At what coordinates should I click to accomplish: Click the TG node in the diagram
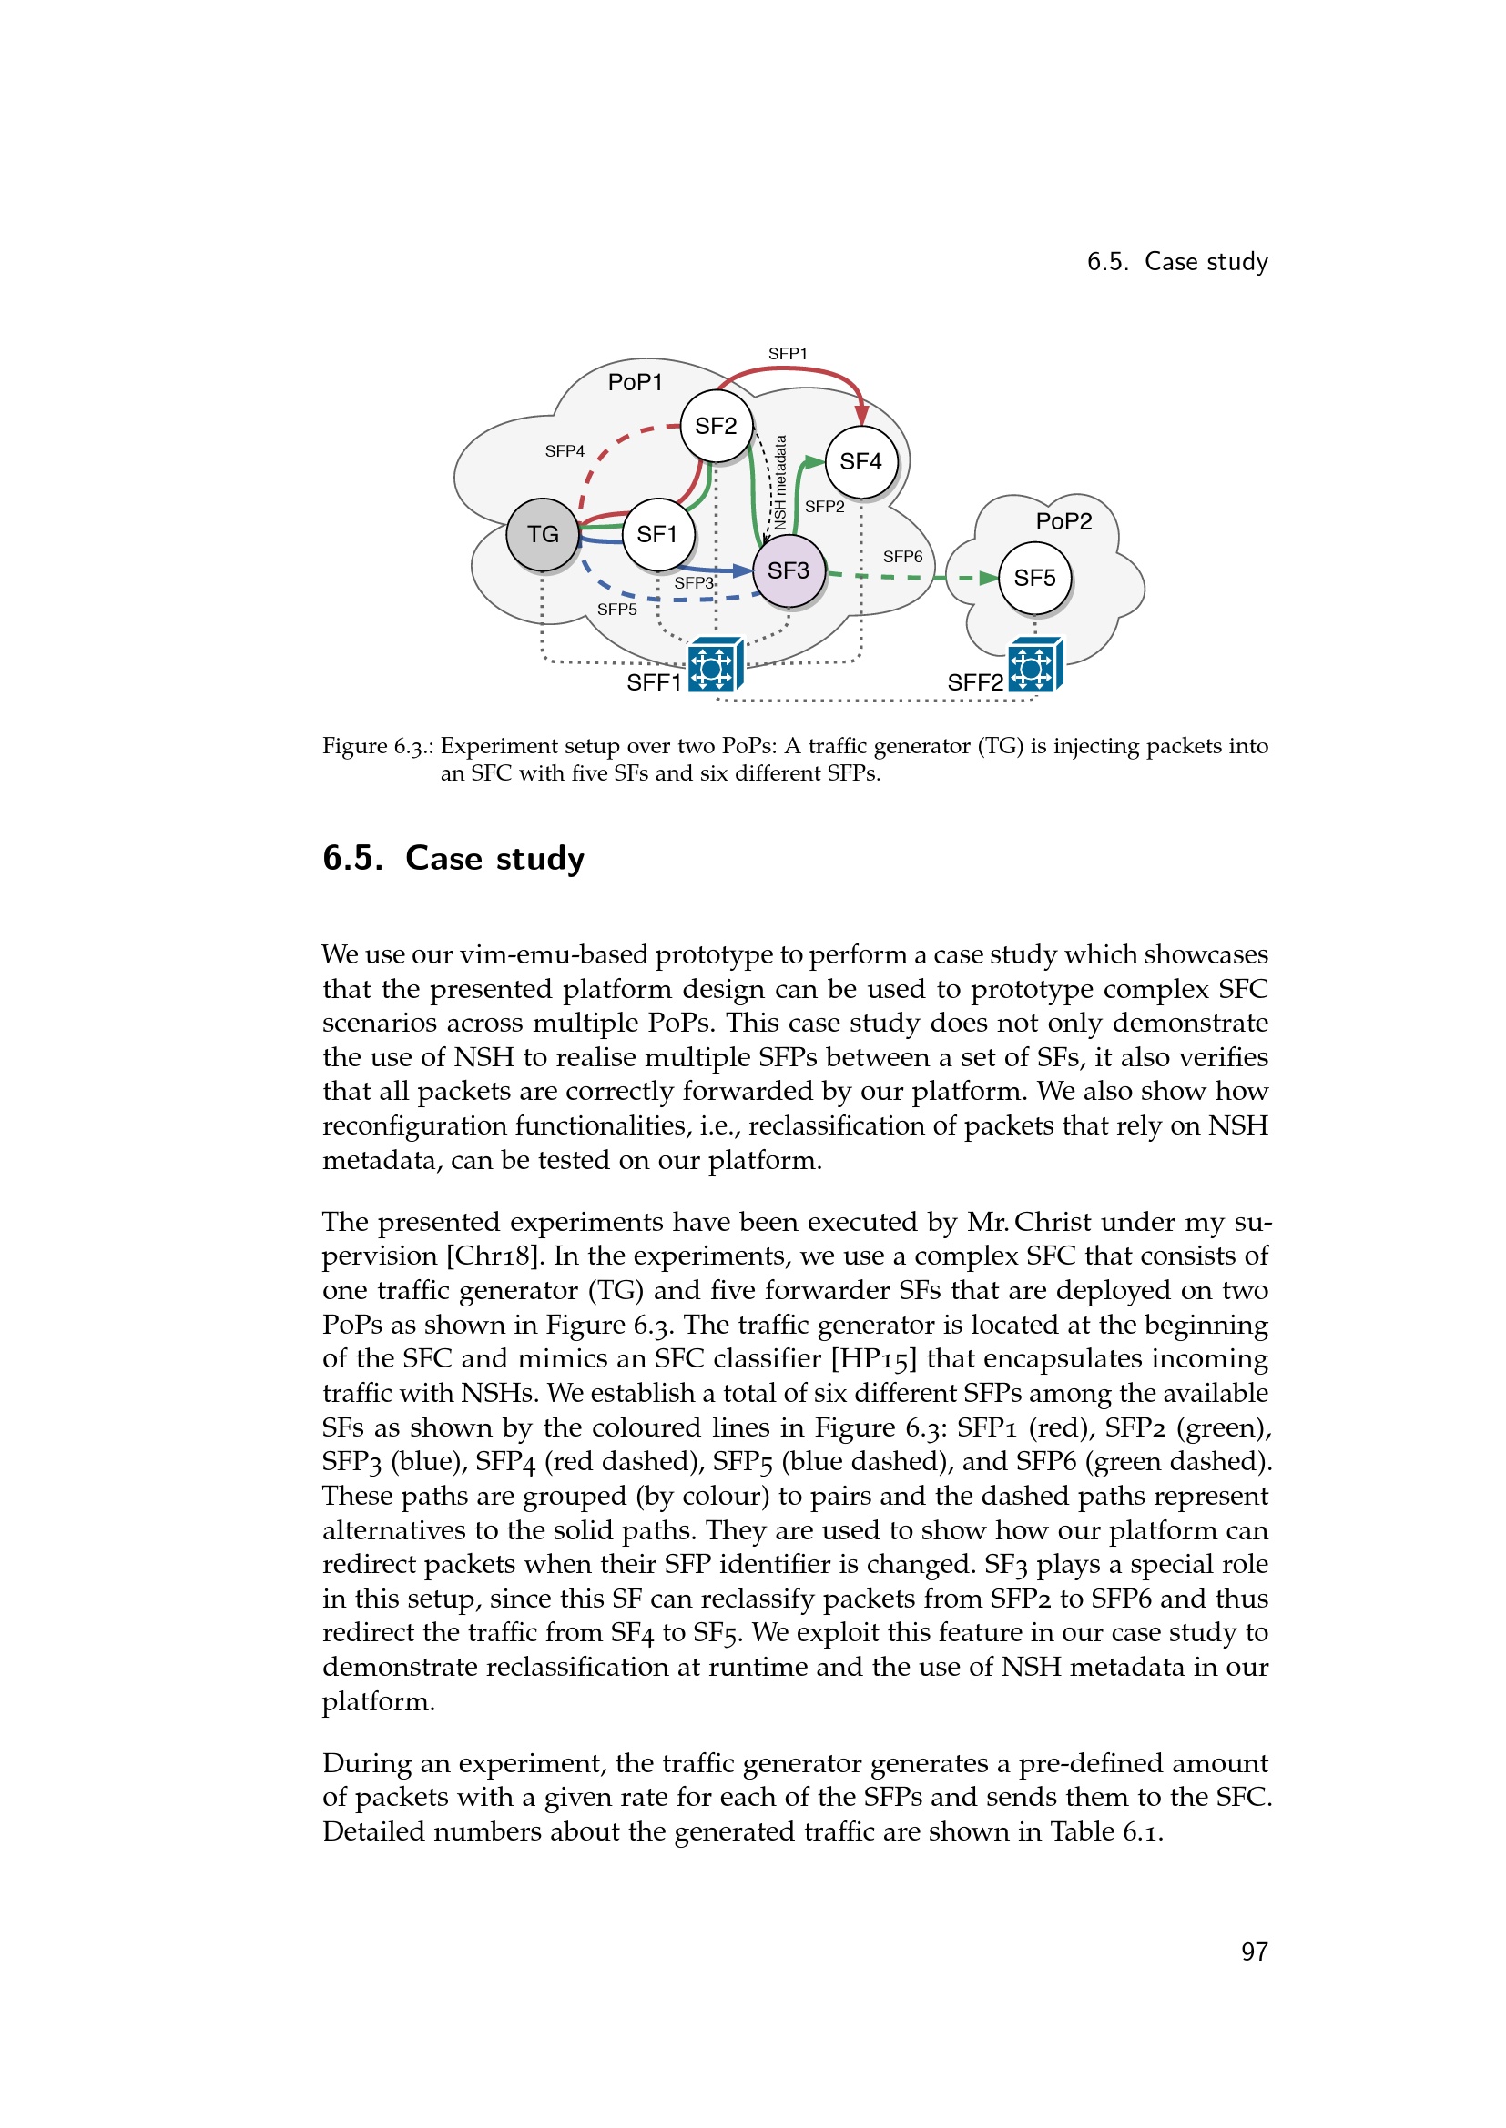click(543, 535)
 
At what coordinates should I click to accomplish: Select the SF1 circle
click(657, 535)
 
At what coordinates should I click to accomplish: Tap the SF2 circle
click(716, 427)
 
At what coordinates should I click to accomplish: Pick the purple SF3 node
click(789, 571)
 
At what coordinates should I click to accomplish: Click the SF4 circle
click(860, 461)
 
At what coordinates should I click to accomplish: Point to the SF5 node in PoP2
click(1035, 579)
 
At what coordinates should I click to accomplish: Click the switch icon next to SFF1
click(714, 665)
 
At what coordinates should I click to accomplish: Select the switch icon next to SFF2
click(1035, 665)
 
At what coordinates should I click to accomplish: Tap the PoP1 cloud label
click(636, 383)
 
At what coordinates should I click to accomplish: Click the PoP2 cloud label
click(1063, 522)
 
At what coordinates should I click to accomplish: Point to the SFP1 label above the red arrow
click(788, 354)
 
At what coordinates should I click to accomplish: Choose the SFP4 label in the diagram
click(565, 451)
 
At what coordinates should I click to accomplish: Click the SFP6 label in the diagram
click(902, 557)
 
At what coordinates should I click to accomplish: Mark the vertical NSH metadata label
click(781, 482)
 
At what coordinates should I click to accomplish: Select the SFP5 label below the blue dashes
click(616, 610)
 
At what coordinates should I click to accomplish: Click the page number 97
click(1254, 1952)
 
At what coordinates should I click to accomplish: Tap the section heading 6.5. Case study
click(453, 858)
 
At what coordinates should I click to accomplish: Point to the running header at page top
click(1176, 262)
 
